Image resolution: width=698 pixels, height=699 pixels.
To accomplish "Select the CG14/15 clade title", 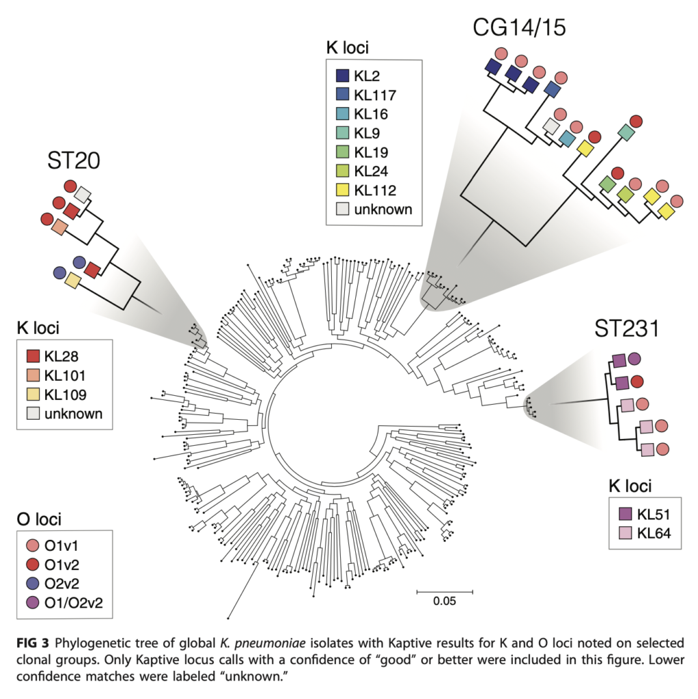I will (x=519, y=28).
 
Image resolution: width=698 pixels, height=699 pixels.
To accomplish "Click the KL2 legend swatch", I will (x=344, y=76).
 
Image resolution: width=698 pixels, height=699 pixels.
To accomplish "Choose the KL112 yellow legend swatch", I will (x=344, y=190).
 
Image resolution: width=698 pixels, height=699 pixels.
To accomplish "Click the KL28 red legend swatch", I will (x=34, y=356).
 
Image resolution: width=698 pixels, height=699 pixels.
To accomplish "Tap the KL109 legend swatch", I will (x=34, y=395).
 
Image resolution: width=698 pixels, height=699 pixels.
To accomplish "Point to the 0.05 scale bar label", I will (x=444, y=601).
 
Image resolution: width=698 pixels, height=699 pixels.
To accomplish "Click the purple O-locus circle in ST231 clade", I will (x=634, y=358).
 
